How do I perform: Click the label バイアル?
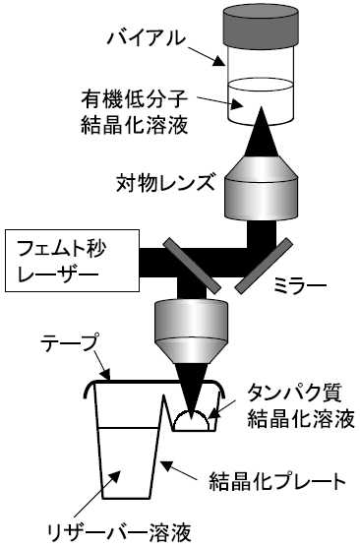(147, 38)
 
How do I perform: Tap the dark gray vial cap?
(261, 25)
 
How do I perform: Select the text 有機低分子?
(135, 99)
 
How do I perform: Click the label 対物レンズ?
(165, 183)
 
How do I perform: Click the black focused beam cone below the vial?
(261, 132)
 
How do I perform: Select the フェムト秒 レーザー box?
(72, 261)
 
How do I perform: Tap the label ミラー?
(300, 285)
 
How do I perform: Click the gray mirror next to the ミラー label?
(264, 266)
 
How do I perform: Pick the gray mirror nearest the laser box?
(192, 266)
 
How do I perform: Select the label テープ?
(69, 343)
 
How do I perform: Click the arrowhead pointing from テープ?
(106, 376)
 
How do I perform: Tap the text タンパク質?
(294, 394)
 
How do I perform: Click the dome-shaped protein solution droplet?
(191, 420)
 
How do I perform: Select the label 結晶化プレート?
(277, 481)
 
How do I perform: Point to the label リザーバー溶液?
(120, 533)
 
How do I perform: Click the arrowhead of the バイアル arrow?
(219, 61)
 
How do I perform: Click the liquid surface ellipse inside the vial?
(261, 85)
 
